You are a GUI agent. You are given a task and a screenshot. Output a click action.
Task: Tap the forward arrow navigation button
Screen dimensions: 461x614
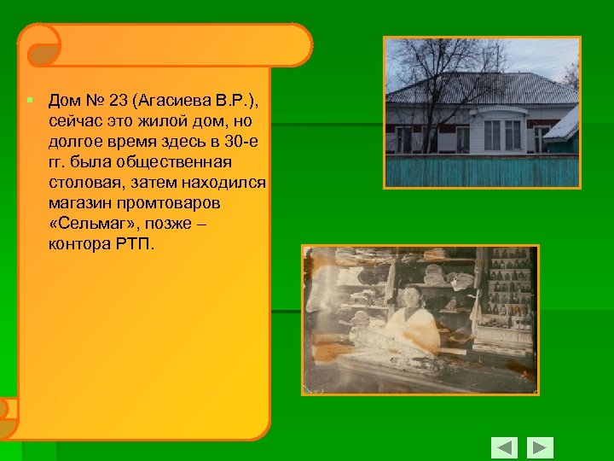tap(540, 447)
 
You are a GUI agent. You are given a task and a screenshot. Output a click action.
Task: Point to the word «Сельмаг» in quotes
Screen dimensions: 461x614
tap(90, 225)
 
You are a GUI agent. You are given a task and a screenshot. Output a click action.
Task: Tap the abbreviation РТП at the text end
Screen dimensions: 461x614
tap(133, 245)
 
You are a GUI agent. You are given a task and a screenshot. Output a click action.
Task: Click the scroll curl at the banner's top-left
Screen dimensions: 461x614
tap(39, 44)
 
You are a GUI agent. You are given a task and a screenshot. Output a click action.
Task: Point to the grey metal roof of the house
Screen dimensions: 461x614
tap(478, 88)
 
